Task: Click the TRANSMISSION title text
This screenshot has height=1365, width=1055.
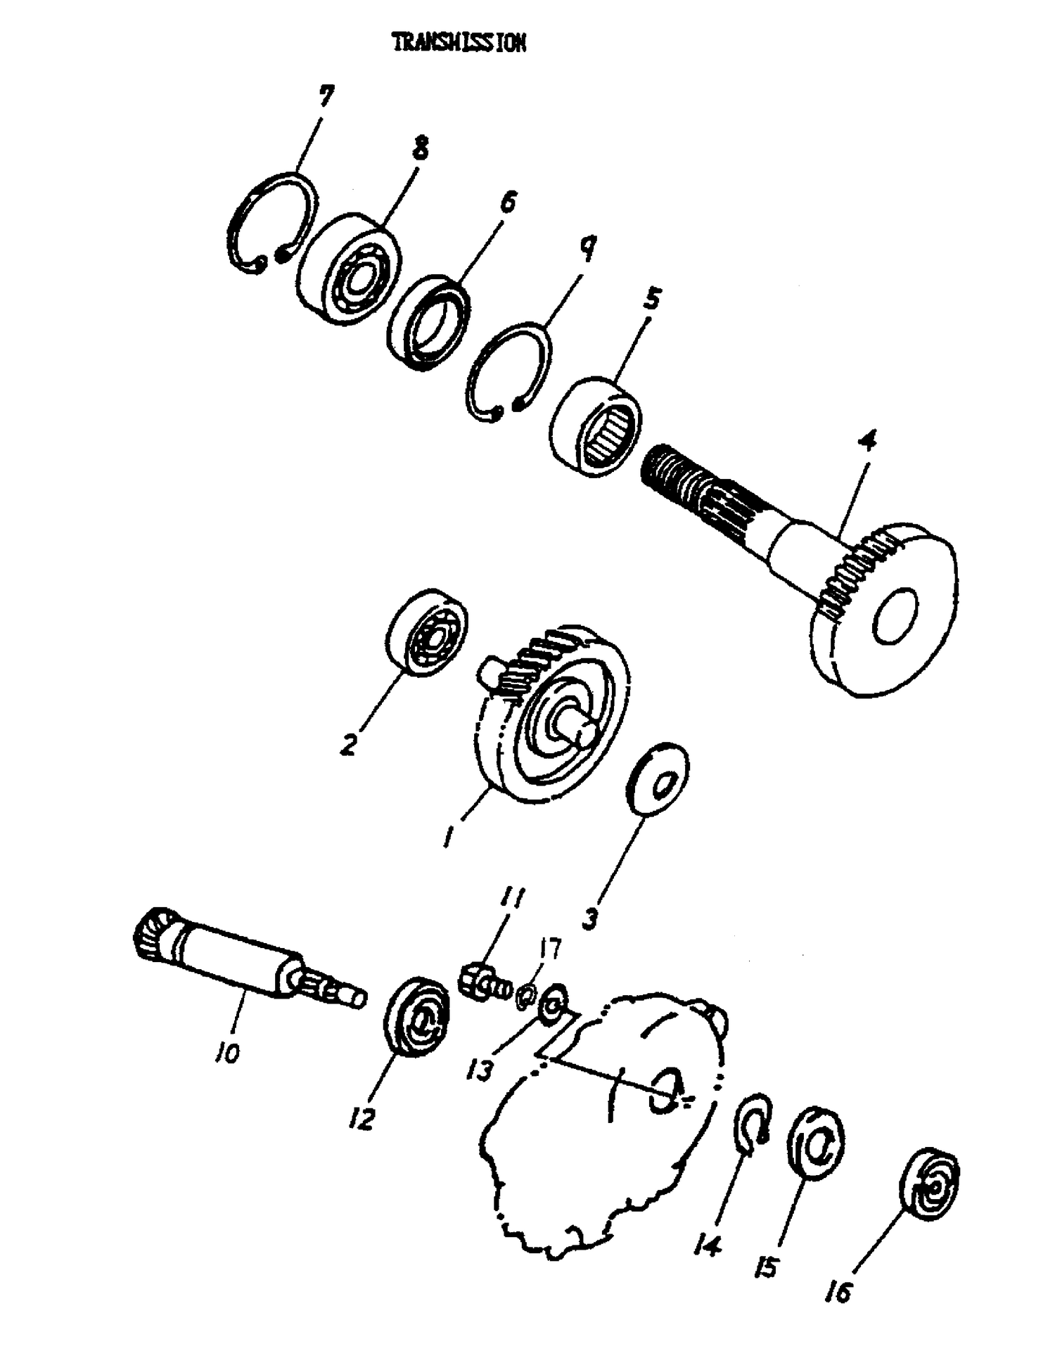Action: click(x=459, y=44)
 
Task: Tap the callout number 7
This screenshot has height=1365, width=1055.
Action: click(x=326, y=95)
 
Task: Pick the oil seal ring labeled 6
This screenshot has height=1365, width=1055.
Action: click(x=430, y=324)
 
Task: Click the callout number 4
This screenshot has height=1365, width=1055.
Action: click(x=867, y=442)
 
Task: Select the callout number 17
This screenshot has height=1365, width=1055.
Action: click(x=551, y=949)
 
